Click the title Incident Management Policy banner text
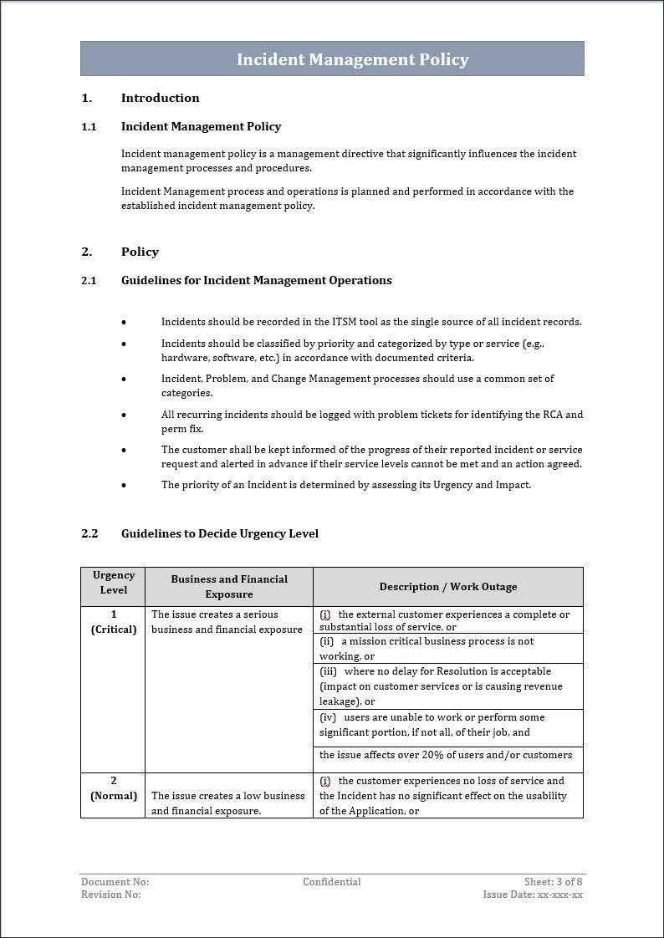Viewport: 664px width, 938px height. pos(352,59)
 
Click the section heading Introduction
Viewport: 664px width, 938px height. pos(160,98)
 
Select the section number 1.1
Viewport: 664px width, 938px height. pos(89,126)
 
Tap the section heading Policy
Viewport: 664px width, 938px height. pos(140,252)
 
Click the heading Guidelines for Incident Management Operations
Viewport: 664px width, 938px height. pos(256,280)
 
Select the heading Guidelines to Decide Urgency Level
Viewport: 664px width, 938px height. pos(219,533)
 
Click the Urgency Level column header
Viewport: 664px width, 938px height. pos(114,583)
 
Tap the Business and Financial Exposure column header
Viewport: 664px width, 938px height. pos(229,586)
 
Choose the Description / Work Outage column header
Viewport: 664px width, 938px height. pos(447,587)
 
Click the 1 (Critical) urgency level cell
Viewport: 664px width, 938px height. pos(114,622)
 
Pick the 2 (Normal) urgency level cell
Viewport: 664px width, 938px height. pos(114,788)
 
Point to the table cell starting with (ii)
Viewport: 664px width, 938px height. pos(426,649)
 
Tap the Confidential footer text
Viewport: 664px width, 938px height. pos(332,882)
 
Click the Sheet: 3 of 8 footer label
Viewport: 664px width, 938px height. pos(553,882)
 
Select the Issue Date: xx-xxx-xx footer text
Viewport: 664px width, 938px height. pos(533,895)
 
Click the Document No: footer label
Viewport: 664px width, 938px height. pos(115,882)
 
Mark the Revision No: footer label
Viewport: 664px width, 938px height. pos(111,895)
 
